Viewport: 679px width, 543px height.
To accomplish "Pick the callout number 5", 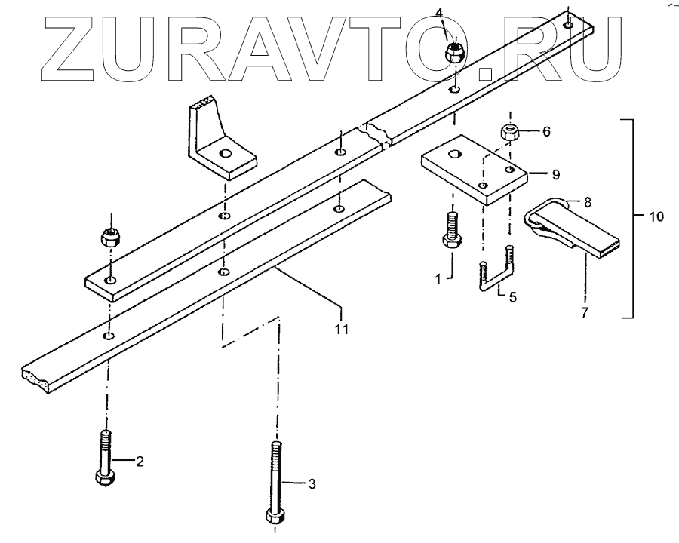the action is point(512,296).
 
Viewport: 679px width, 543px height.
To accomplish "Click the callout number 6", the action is point(545,131).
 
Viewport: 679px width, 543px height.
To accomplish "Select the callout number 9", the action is point(555,174).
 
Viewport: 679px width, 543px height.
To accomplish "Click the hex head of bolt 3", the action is point(275,517).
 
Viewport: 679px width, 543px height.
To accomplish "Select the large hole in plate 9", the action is point(453,155).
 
